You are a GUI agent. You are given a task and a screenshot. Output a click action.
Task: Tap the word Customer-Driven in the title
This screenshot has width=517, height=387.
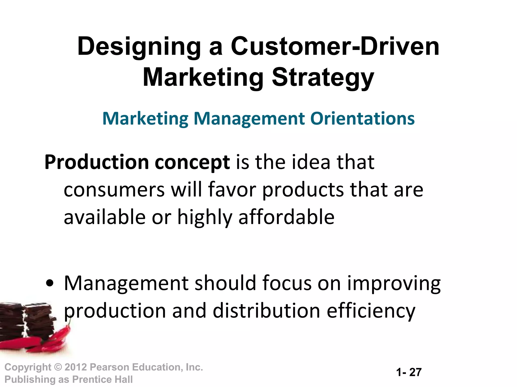(335, 46)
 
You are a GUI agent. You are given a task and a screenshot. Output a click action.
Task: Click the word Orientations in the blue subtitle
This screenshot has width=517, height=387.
(362, 118)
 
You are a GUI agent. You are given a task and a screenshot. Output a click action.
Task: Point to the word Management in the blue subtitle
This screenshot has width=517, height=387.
(249, 119)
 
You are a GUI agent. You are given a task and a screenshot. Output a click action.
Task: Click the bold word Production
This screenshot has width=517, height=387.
(97, 162)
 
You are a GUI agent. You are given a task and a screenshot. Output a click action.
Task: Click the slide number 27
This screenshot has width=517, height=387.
(415, 372)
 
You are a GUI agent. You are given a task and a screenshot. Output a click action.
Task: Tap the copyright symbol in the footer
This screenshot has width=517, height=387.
(58, 367)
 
